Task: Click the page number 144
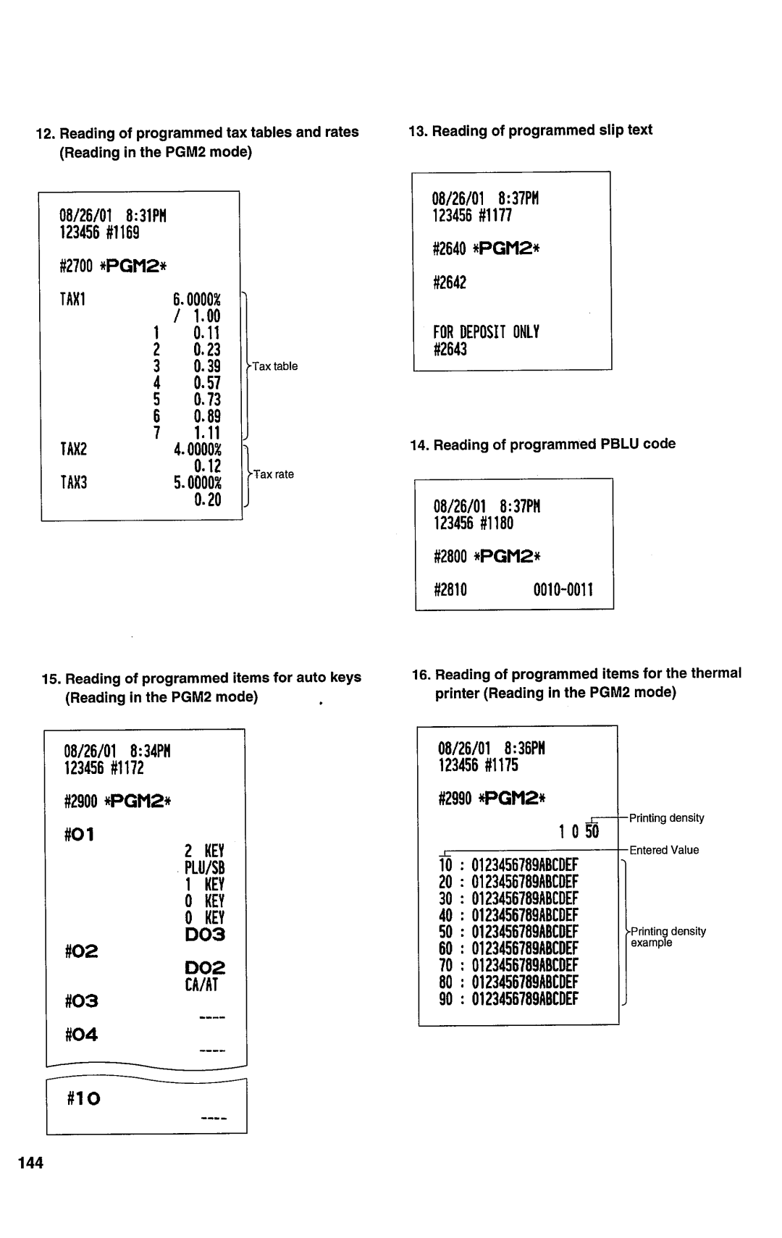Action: tap(32, 1163)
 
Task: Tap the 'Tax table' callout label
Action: tap(274, 366)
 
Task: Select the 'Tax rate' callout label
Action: tap(273, 474)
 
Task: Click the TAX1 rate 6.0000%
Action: tap(197, 300)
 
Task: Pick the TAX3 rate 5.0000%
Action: tap(197, 483)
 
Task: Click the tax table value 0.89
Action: tap(206, 416)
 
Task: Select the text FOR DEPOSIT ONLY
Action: tap(486, 332)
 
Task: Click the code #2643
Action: tap(450, 350)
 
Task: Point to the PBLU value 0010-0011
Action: tap(563, 590)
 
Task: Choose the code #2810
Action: tap(450, 590)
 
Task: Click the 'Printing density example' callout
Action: tap(667, 937)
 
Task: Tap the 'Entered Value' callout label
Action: tap(664, 850)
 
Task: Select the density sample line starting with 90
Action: tap(508, 999)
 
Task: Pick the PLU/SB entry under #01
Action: tap(205, 867)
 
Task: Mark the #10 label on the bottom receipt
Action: tap(84, 1099)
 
